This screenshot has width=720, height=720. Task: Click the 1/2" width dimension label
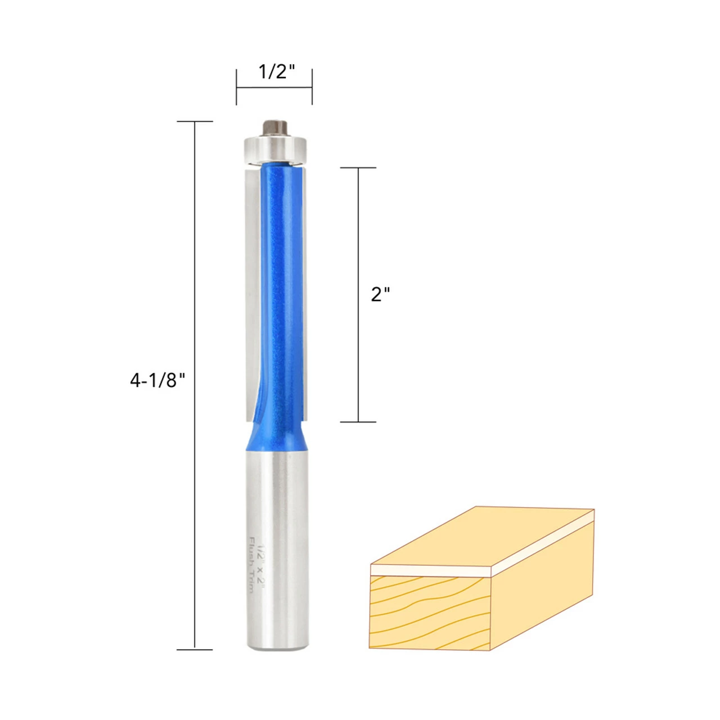pyautogui.click(x=276, y=72)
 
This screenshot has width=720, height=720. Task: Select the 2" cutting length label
pyautogui.click(x=380, y=294)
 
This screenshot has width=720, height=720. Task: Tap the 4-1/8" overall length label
pyautogui.click(x=157, y=381)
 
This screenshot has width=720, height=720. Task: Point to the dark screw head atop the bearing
pyautogui.click(x=274, y=128)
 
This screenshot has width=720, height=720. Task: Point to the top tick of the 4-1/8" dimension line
pyautogui.click(x=195, y=121)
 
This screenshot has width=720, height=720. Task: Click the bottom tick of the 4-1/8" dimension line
pyautogui.click(x=195, y=650)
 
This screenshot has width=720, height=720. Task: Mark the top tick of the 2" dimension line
pyautogui.click(x=358, y=168)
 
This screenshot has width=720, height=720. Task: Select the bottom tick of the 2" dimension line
pyautogui.click(x=358, y=422)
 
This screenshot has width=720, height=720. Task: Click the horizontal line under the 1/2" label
pyautogui.click(x=274, y=88)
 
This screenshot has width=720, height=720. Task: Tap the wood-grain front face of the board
pyautogui.click(x=430, y=612)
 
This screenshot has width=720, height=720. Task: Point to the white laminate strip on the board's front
pyautogui.click(x=430, y=570)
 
